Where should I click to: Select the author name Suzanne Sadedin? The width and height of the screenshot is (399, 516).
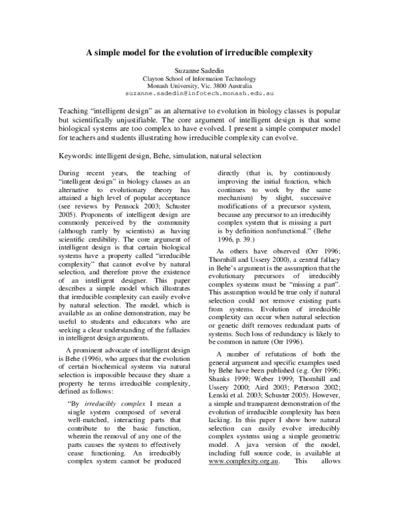click(x=200, y=69)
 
